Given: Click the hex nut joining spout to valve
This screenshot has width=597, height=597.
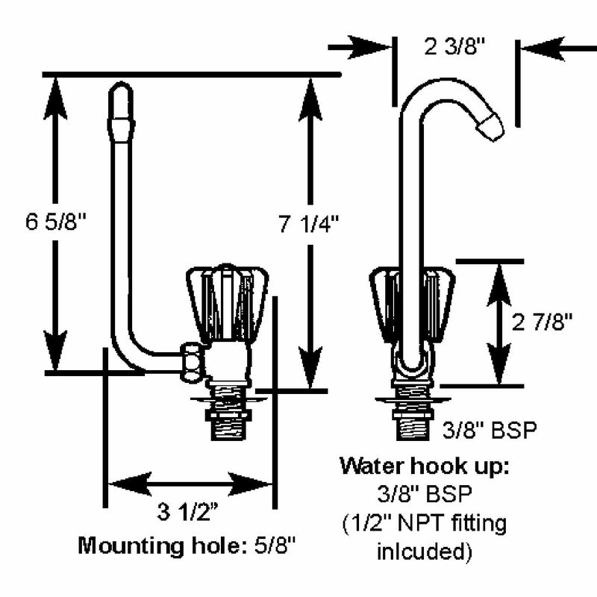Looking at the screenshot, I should (x=193, y=359).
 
